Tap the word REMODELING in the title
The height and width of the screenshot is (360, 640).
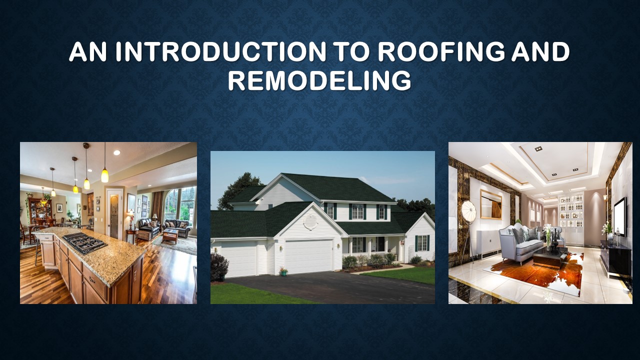(319, 81)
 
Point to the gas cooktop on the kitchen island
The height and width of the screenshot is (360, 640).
(84, 242)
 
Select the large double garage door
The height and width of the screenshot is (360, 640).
(308, 256)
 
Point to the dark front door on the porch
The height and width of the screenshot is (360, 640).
(380, 244)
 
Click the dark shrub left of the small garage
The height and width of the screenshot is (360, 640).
(218, 267)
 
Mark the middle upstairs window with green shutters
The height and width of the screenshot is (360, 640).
(357, 211)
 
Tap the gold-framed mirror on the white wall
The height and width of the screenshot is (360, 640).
(491, 204)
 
